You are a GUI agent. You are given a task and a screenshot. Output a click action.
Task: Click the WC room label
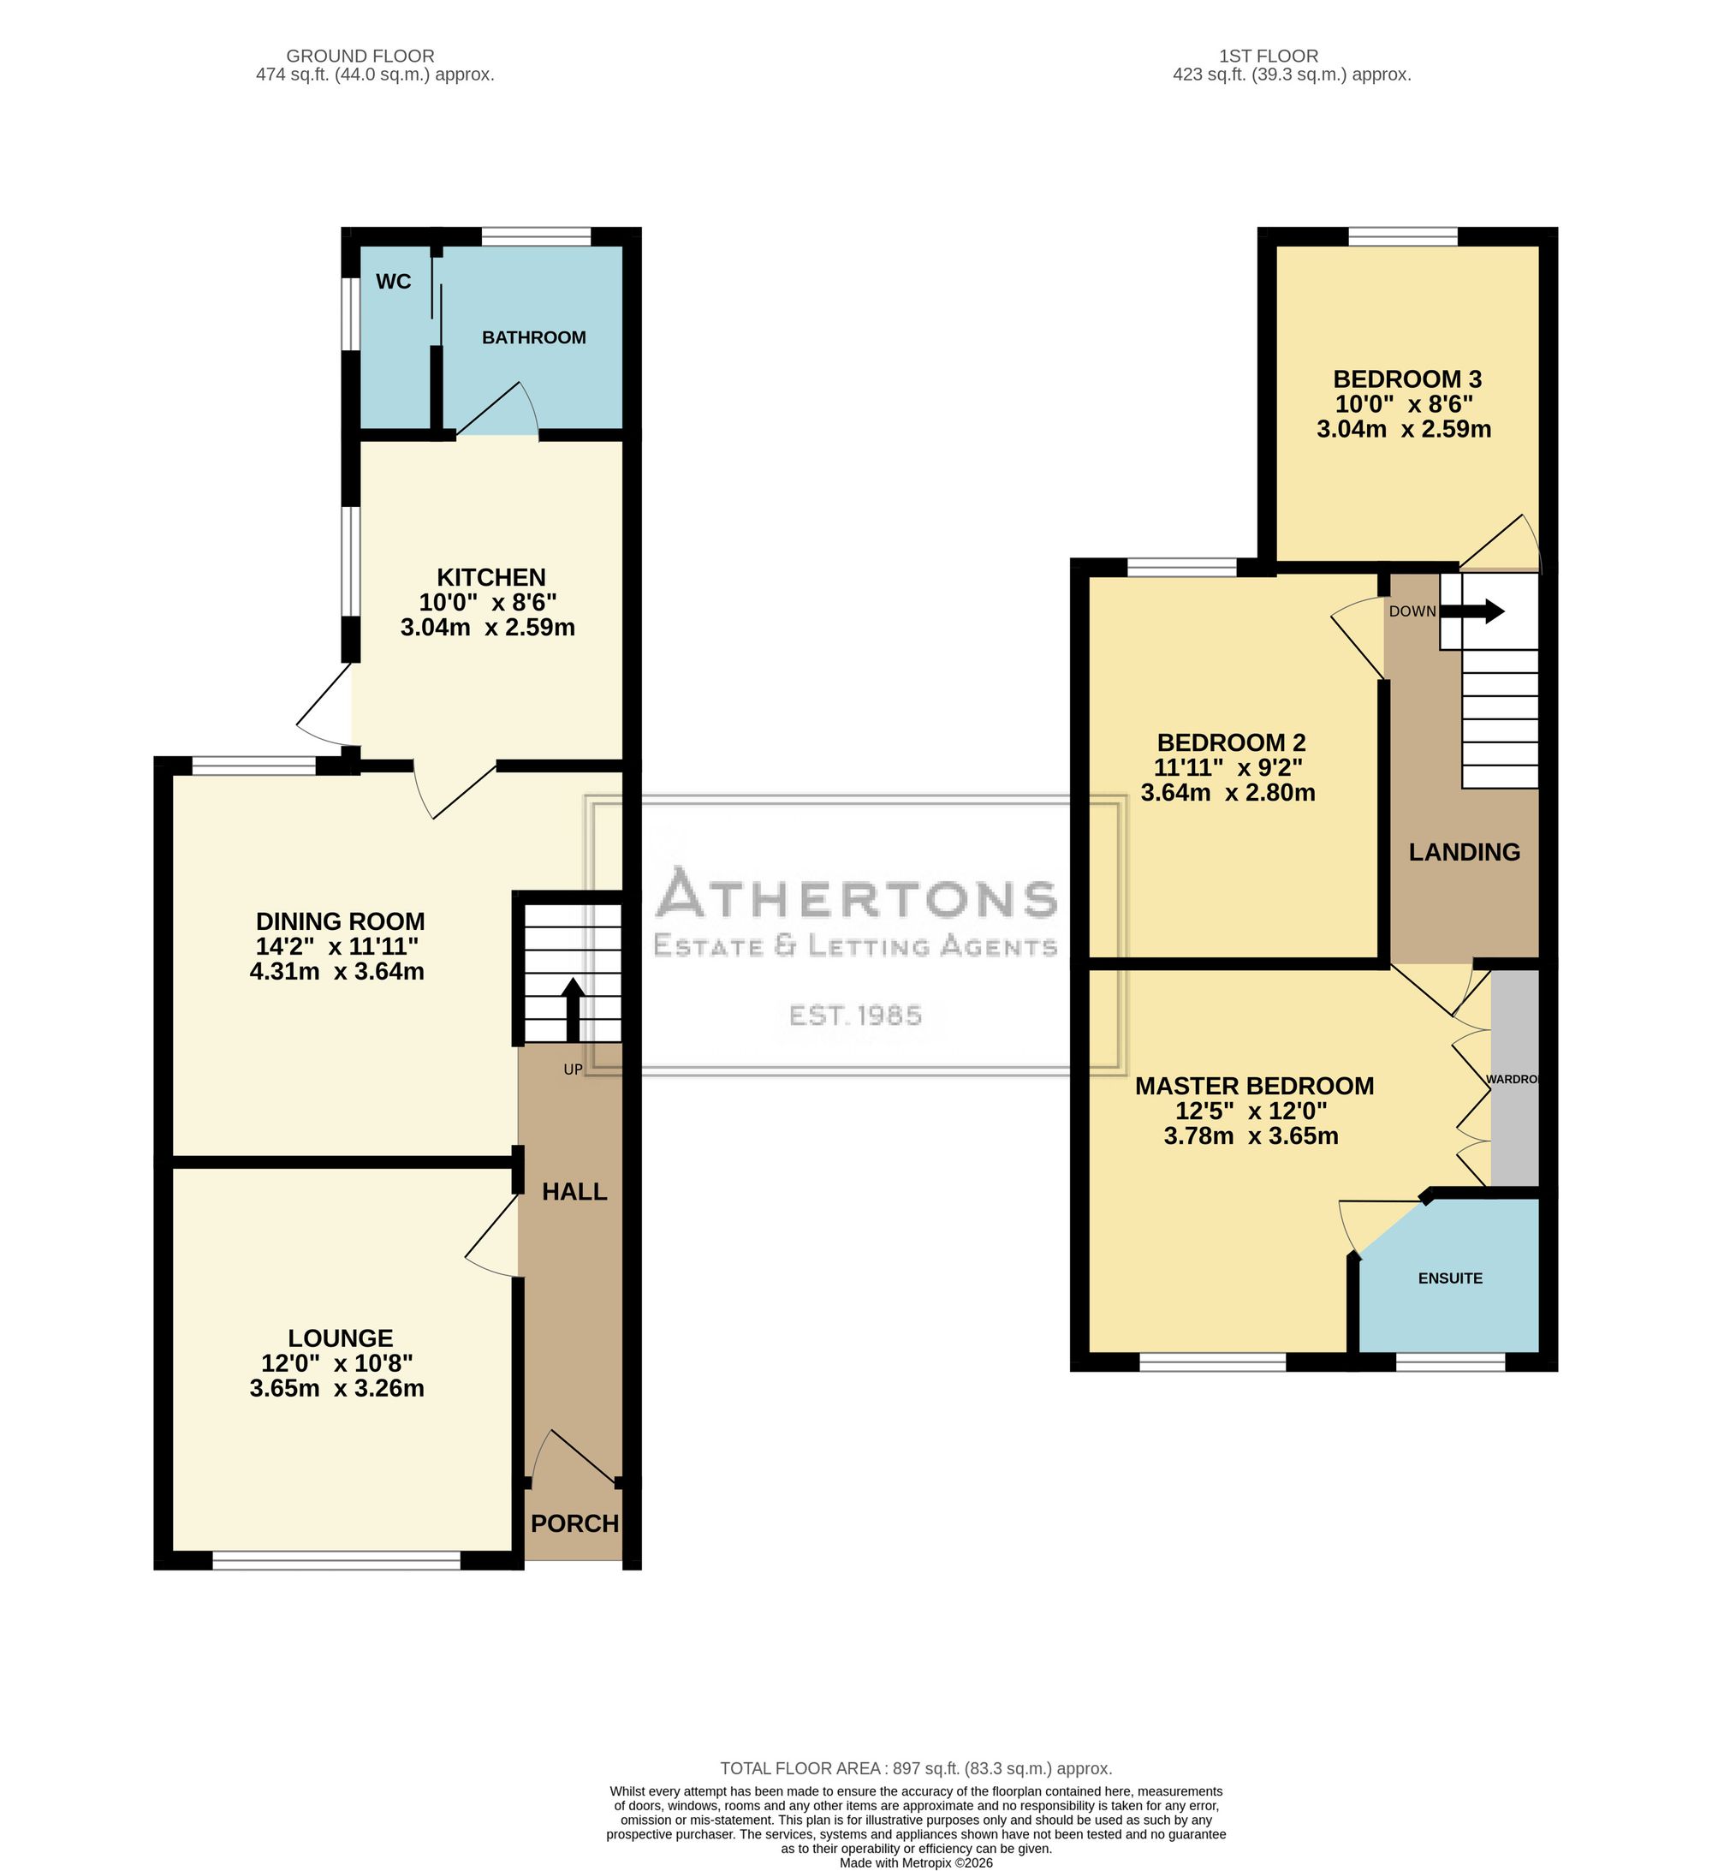coord(394,281)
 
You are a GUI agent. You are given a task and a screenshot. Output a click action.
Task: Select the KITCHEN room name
coord(490,577)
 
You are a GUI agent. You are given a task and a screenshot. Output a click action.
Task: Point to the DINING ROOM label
coord(341,921)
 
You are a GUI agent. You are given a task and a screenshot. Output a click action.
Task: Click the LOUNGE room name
coord(341,1338)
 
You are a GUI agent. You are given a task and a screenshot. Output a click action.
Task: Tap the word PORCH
coord(574,1524)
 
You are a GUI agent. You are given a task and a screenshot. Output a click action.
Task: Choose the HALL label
coord(574,1192)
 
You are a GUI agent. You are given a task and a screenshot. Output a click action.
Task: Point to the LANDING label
coord(1465,852)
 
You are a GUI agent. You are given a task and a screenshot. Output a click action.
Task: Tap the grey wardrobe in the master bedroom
coord(1514,1077)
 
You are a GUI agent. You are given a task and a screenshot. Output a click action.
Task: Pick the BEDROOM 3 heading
coord(1406,379)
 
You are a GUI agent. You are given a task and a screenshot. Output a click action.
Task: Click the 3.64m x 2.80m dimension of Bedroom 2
coord(1228,793)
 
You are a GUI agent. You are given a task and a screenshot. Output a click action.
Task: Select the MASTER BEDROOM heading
coord(1255,1086)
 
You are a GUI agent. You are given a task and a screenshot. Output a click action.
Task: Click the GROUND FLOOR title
coord(360,57)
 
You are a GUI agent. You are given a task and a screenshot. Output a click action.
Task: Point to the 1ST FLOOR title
coord(1269,57)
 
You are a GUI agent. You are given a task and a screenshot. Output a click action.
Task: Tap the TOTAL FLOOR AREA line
coord(916,1769)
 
